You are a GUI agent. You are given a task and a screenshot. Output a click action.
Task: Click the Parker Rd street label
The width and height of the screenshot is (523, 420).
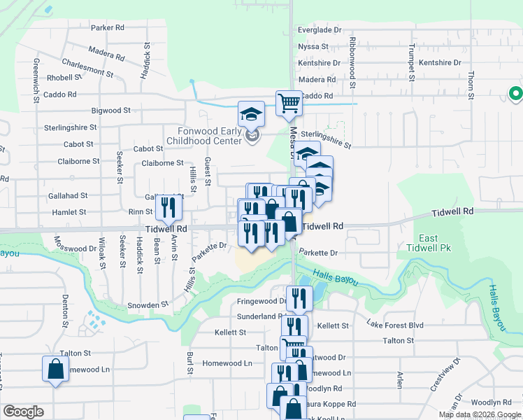point(107,27)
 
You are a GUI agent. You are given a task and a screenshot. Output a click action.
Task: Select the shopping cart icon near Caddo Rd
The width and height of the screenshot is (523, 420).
point(289,104)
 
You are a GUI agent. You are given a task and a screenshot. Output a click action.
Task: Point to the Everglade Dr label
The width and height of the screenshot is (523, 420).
point(319,30)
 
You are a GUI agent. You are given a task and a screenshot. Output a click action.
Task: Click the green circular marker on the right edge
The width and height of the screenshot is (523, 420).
point(516,93)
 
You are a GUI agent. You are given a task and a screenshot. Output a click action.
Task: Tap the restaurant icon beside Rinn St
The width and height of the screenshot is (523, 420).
point(169,206)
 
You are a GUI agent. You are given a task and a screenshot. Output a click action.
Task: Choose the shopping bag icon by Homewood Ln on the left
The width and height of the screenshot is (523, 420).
point(55,369)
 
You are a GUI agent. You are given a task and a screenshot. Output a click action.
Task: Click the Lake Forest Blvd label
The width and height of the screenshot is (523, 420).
point(396,325)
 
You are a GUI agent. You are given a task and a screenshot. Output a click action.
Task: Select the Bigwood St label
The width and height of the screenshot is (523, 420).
point(110,111)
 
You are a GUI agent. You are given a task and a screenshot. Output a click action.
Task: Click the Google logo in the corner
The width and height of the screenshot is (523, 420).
point(23,412)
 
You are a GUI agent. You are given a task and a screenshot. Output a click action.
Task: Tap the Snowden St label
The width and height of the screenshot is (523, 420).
point(148,305)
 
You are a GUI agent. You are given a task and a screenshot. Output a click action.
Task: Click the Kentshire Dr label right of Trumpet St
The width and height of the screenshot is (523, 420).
point(438,63)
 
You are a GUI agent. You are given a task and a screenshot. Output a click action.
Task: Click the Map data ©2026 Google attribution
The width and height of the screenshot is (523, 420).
point(480,414)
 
